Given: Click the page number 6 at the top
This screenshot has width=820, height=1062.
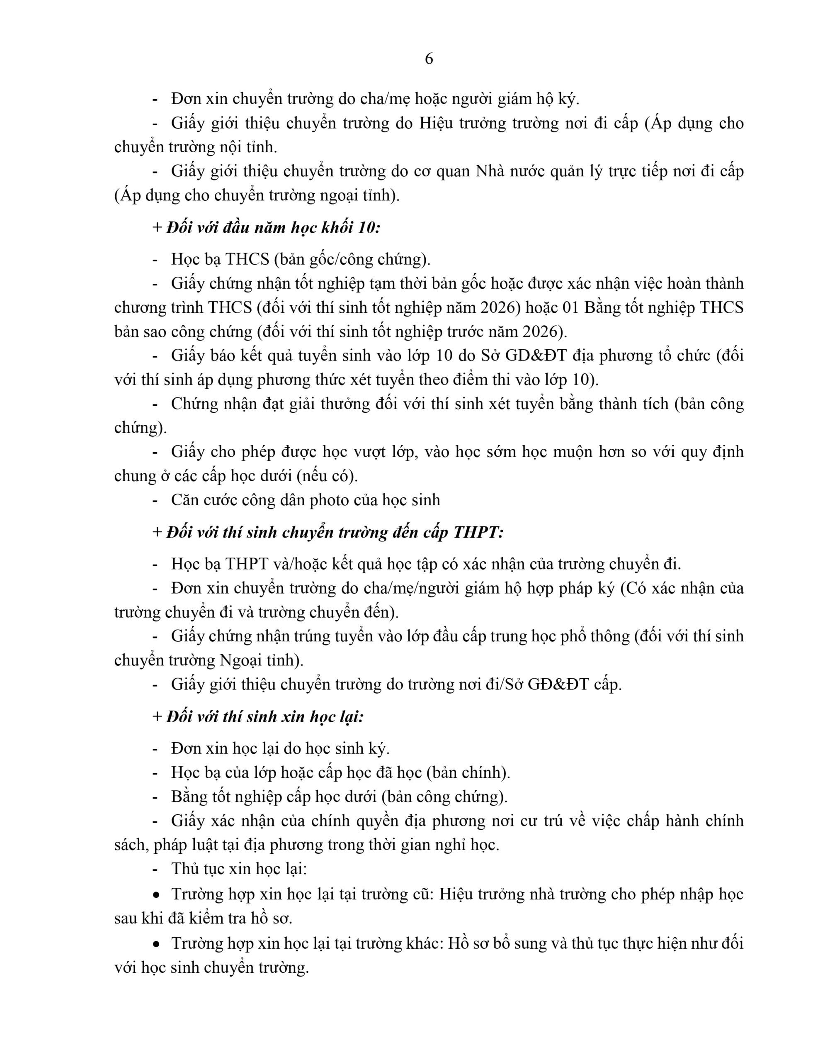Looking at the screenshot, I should tap(429, 59).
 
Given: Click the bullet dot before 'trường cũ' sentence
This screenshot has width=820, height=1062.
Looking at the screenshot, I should tap(156, 895).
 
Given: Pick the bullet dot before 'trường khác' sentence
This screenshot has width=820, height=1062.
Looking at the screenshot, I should tap(156, 943).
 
